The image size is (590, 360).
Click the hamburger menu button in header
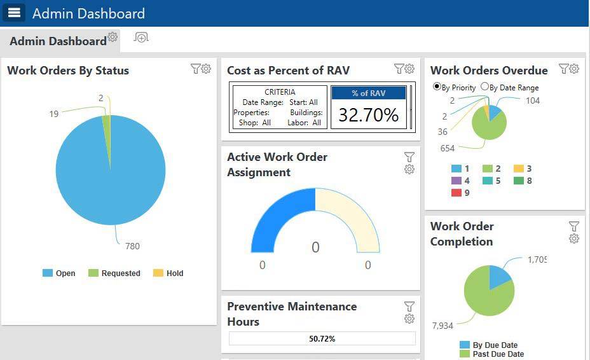tap(14, 13)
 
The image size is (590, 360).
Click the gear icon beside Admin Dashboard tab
tap(113, 37)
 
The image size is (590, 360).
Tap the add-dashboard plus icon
tap(141, 38)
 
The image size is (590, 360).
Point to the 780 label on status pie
tap(132, 246)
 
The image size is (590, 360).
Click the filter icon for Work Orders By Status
tap(196, 69)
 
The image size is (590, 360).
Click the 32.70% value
tap(368, 114)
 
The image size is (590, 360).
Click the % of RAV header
tap(368, 93)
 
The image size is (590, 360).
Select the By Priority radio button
tap(437, 87)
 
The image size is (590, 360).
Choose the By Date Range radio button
tap(484, 87)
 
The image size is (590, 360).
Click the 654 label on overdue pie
tap(447, 148)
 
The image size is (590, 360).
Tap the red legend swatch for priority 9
tap(456, 193)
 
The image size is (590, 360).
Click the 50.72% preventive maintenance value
tap(322, 339)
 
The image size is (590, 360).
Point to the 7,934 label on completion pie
tap(442, 326)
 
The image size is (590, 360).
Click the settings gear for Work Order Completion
tap(574, 239)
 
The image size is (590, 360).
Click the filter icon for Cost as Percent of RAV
tap(399, 69)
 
